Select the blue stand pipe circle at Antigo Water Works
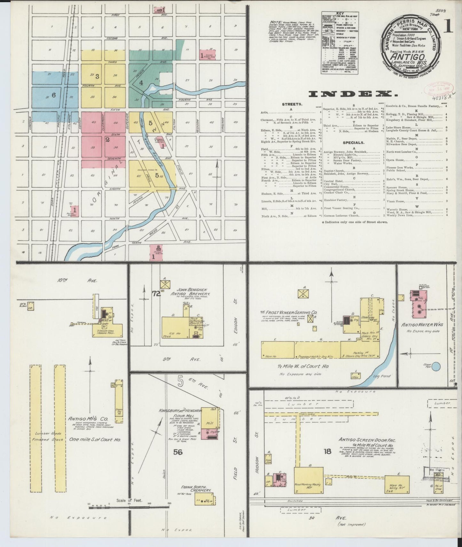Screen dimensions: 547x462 coord(436,366)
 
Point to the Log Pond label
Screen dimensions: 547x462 coord(382,376)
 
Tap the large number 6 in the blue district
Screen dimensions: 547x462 coord(54,95)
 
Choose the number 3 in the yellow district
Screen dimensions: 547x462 coord(97,76)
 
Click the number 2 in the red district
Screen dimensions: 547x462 coord(108,139)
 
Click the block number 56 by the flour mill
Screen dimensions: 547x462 coord(178,452)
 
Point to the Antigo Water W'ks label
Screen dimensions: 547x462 coord(423,324)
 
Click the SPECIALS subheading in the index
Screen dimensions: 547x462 coord(353,143)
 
